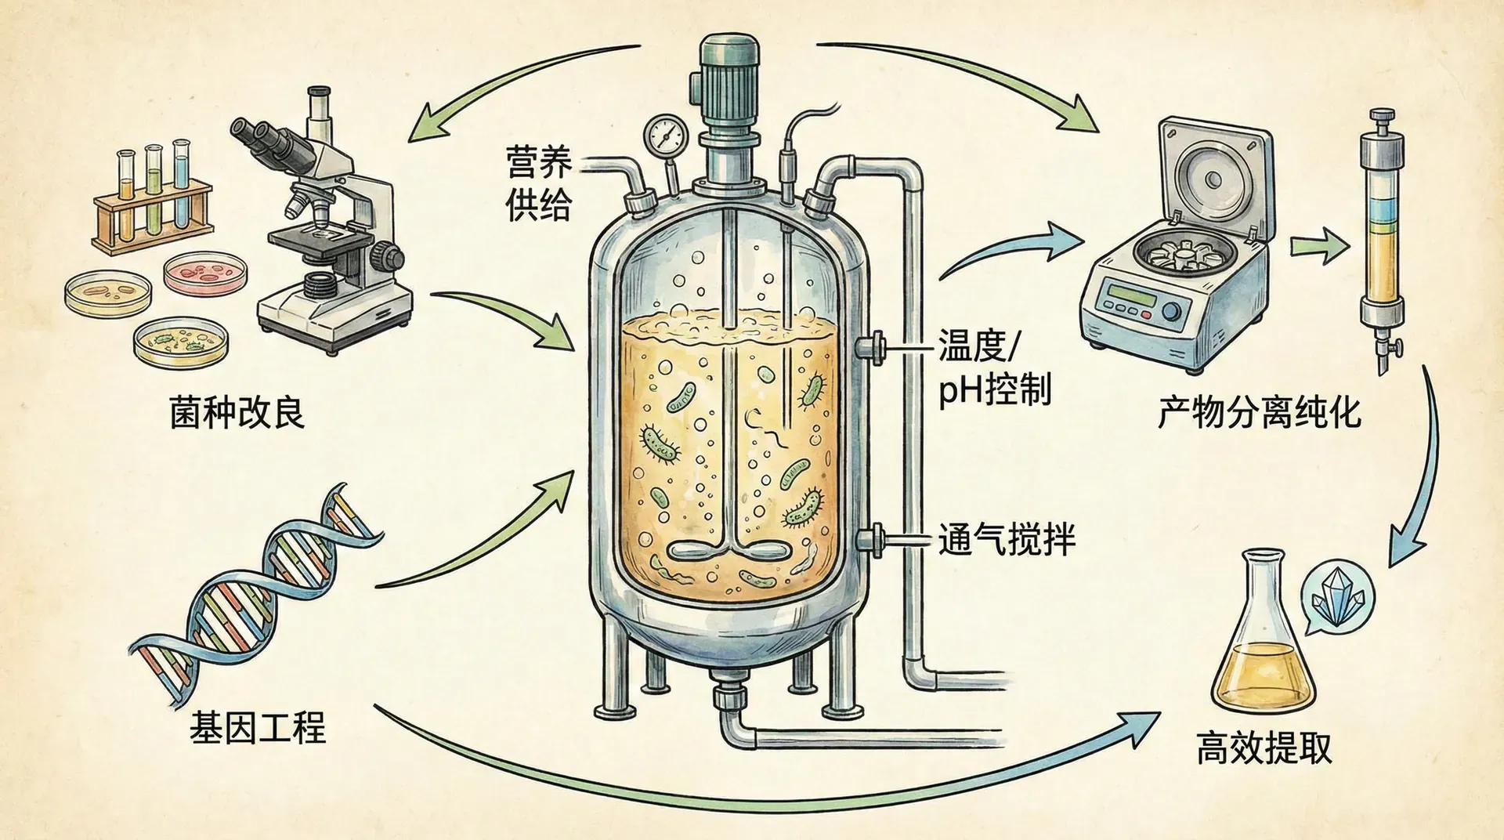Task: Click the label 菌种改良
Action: coord(237,412)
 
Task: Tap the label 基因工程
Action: coord(257,727)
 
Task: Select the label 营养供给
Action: coord(538,184)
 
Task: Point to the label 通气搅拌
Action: coord(1007,539)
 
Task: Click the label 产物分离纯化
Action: coord(1260,412)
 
